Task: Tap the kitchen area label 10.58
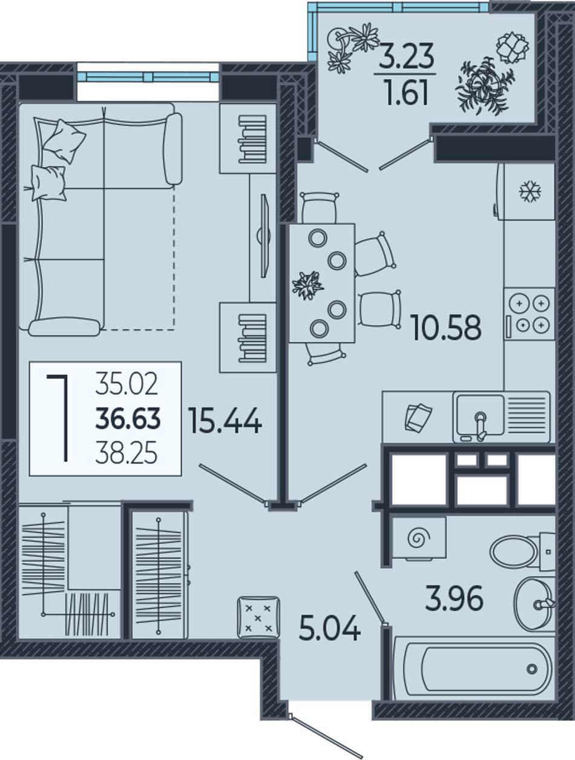point(447,327)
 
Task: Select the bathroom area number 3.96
point(453,598)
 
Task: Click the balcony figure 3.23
point(406,58)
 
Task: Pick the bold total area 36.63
point(128,418)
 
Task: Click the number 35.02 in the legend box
point(126,385)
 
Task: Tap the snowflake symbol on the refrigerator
point(530,191)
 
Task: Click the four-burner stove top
point(530,314)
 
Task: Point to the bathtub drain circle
point(532,669)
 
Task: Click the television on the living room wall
point(264,236)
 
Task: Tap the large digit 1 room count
point(58,418)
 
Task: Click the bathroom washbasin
point(534,604)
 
